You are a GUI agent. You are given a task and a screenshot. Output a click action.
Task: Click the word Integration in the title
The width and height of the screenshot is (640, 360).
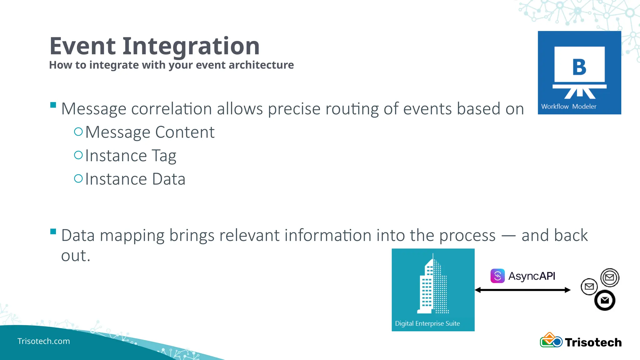click(191, 46)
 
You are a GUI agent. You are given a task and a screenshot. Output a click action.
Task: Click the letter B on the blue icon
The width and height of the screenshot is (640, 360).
click(579, 67)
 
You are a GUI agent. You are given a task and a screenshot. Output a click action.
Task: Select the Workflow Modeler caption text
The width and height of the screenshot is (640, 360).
click(568, 107)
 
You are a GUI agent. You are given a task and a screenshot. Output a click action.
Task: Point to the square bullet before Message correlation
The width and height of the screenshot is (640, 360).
click(53, 105)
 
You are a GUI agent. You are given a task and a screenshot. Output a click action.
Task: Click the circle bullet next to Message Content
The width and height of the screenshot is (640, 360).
click(78, 132)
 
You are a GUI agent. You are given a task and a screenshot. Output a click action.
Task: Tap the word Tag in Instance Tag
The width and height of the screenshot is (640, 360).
click(164, 156)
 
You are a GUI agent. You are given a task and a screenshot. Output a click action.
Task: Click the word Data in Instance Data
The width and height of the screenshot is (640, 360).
click(168, 179)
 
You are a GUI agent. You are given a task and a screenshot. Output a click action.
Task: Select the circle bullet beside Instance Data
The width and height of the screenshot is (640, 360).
click(78, 178)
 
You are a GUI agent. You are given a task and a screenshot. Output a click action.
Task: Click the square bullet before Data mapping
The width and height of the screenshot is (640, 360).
click(53, 232)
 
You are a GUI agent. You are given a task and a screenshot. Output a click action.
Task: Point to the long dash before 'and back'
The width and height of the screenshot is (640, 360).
click(508, 236)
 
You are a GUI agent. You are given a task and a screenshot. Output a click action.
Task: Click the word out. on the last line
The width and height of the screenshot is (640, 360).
click(76, 256)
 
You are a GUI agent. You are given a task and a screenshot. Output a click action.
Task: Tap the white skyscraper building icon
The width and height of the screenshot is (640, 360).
click(433, 284)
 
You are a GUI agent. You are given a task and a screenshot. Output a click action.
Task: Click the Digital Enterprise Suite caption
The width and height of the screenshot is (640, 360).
click(427, 323)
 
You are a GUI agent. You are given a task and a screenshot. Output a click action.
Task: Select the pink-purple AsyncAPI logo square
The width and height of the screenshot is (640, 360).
click(497, 276)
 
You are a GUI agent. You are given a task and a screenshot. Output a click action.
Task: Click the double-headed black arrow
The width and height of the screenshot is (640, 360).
click(522, 290)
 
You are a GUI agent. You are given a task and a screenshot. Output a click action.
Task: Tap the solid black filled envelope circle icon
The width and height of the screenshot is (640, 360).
click(605, 300)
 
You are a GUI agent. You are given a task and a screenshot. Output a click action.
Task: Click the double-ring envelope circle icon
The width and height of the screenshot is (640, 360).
click(610, 277)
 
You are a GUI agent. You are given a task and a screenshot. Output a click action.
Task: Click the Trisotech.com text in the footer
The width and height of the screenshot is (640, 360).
click(43, 341)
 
